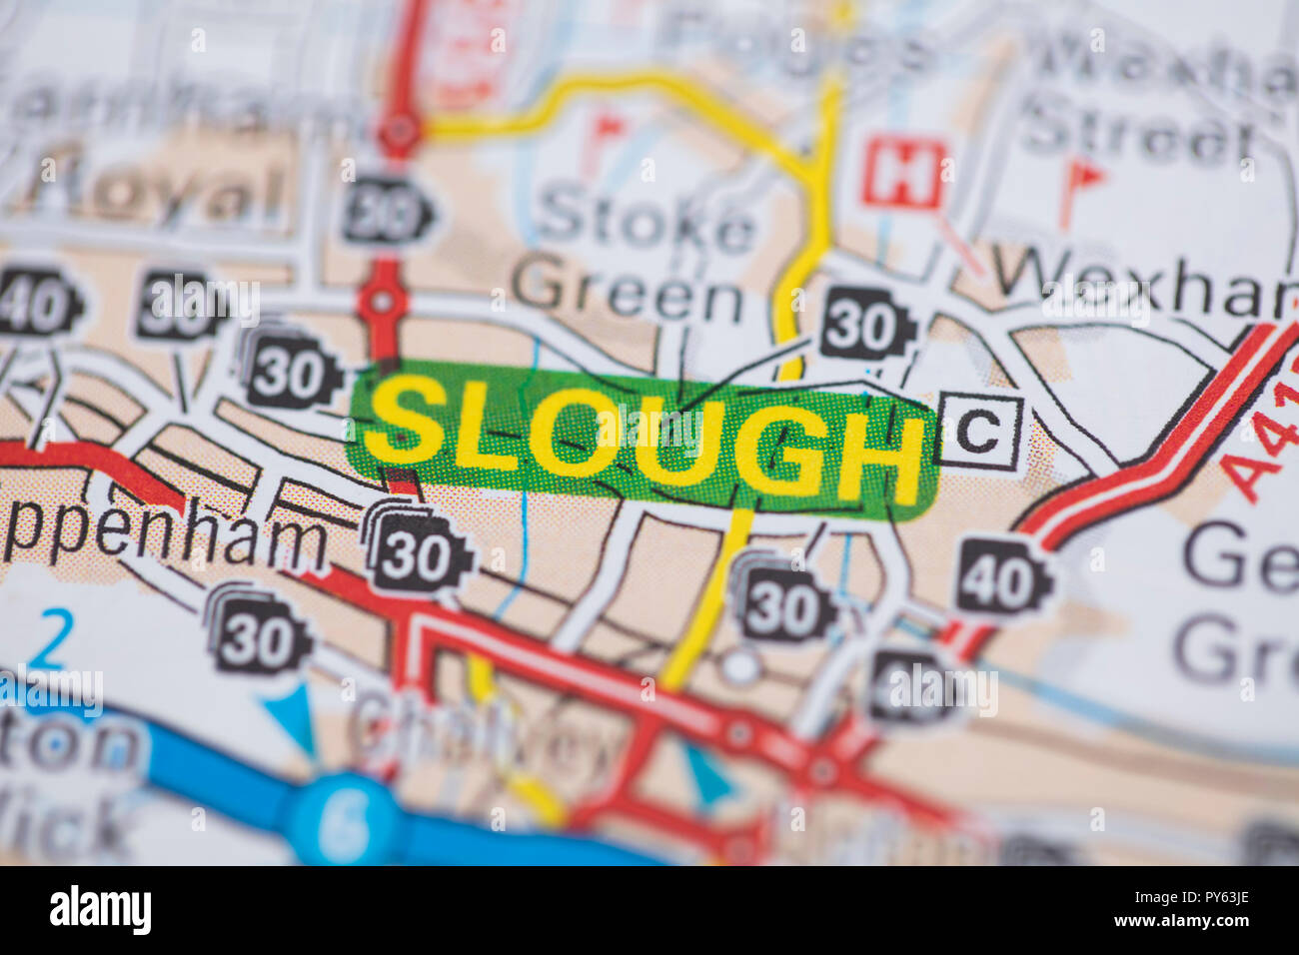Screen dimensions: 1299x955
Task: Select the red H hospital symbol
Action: (x=901, y=176)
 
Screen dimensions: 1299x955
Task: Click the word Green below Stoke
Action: (x=628, y=290)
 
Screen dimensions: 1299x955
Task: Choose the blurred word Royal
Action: (x=160, y=192)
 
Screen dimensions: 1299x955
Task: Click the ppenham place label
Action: (x=165, y=539)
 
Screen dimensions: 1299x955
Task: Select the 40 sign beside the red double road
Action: (x=1002, y=576)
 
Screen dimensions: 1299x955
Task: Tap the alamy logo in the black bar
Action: (x=100, y=910)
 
